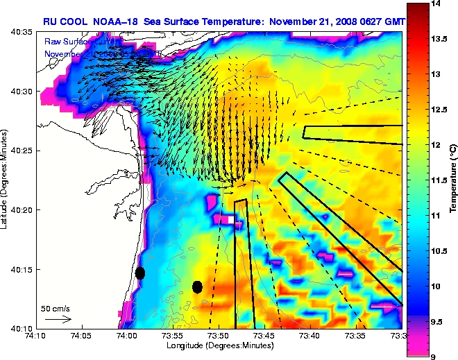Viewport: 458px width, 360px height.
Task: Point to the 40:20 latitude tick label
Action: click(22, 210)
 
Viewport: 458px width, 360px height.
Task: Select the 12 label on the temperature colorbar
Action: click(437, 145)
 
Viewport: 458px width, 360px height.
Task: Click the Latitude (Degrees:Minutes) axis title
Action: click(5, 179)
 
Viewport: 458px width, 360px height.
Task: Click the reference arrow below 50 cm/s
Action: click(58, 319)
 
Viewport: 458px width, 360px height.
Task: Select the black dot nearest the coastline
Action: click(140, 273)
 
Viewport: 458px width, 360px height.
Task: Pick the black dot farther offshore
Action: click(197, 286)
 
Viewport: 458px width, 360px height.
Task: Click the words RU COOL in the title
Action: click(65, 22)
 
